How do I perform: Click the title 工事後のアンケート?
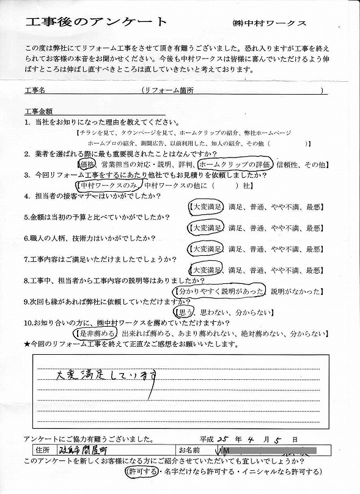pyautogui.click(x=97, y=23)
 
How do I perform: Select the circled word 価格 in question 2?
pyautogui.click(x=88, y=164)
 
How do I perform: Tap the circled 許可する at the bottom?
pyautogui.click(x=142, y=472)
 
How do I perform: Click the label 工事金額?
pyautogui.click(x=40, y=112)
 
